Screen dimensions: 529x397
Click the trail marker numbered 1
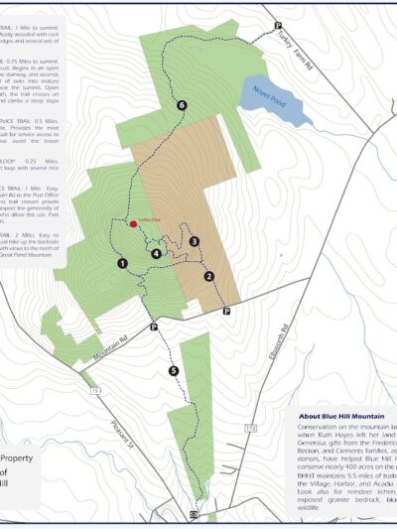(122, 264)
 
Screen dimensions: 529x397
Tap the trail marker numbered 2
(209, 276)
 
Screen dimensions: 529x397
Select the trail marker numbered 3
(195, 241)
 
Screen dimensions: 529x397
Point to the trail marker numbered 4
(156, 253)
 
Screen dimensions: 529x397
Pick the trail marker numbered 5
(174, 371)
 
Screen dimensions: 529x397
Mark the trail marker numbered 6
(182, 104)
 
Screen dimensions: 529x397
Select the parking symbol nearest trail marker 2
(226, 311)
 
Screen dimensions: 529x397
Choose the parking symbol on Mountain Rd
(154, 327)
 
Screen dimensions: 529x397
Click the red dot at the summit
(133, 224)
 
